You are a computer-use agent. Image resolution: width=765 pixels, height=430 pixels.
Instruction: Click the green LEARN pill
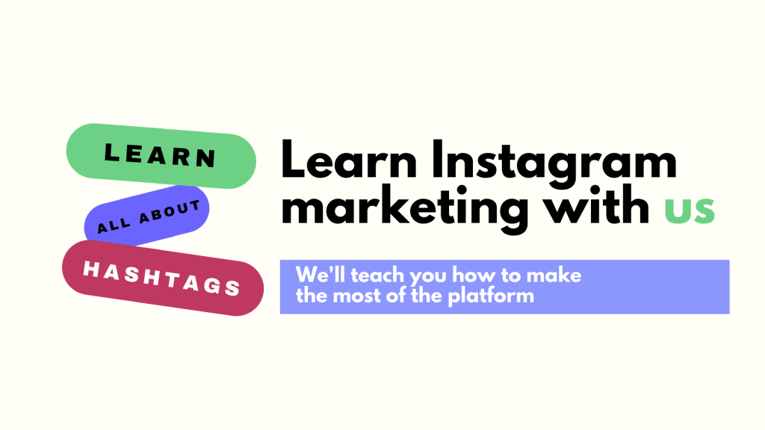coord(161,154)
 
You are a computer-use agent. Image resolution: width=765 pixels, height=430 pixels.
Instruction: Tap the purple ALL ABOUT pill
coord(147,215)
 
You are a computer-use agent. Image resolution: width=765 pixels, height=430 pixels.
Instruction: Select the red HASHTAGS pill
coord(162,277)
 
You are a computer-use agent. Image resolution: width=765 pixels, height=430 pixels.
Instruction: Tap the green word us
coord(690,209)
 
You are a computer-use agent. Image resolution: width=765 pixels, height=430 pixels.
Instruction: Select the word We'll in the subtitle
coord(315,275)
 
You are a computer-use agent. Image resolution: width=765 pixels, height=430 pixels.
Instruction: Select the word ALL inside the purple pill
coord(112,225)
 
